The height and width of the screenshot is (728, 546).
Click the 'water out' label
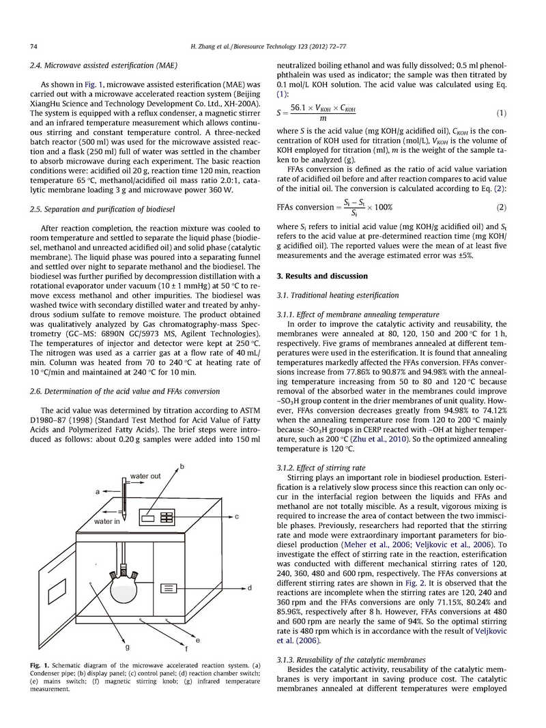[145, 476]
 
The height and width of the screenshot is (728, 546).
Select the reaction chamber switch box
[169, 587]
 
